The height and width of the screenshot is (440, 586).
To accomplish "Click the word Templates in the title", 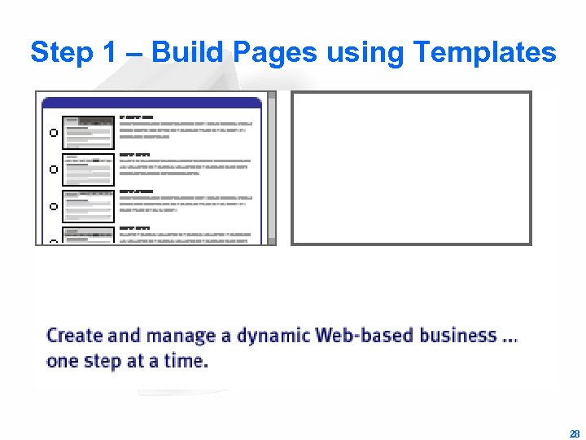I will click(x=484, y=53).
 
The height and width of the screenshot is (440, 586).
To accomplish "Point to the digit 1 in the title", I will click(x=110, y=53).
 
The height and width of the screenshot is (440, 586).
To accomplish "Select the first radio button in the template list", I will click(x=53, y=133).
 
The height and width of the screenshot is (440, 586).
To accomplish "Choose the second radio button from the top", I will click(x=53, y=169).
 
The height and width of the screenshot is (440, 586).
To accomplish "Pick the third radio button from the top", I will click(x=53, y=206).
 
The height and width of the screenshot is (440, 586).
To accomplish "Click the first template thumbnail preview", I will click(x=89, y=133).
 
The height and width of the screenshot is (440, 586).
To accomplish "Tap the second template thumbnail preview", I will click(x=89, y=169).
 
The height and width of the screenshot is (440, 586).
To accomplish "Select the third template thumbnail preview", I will click(x=89, y=206).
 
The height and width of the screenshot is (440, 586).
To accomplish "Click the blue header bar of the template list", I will click(x=151, y=103).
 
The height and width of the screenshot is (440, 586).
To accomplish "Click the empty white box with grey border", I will click(x=411, y=168).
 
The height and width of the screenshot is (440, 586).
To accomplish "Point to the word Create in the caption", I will click(x=75, y=336).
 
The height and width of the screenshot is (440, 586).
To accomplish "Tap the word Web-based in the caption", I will click(x=365, y=336).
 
